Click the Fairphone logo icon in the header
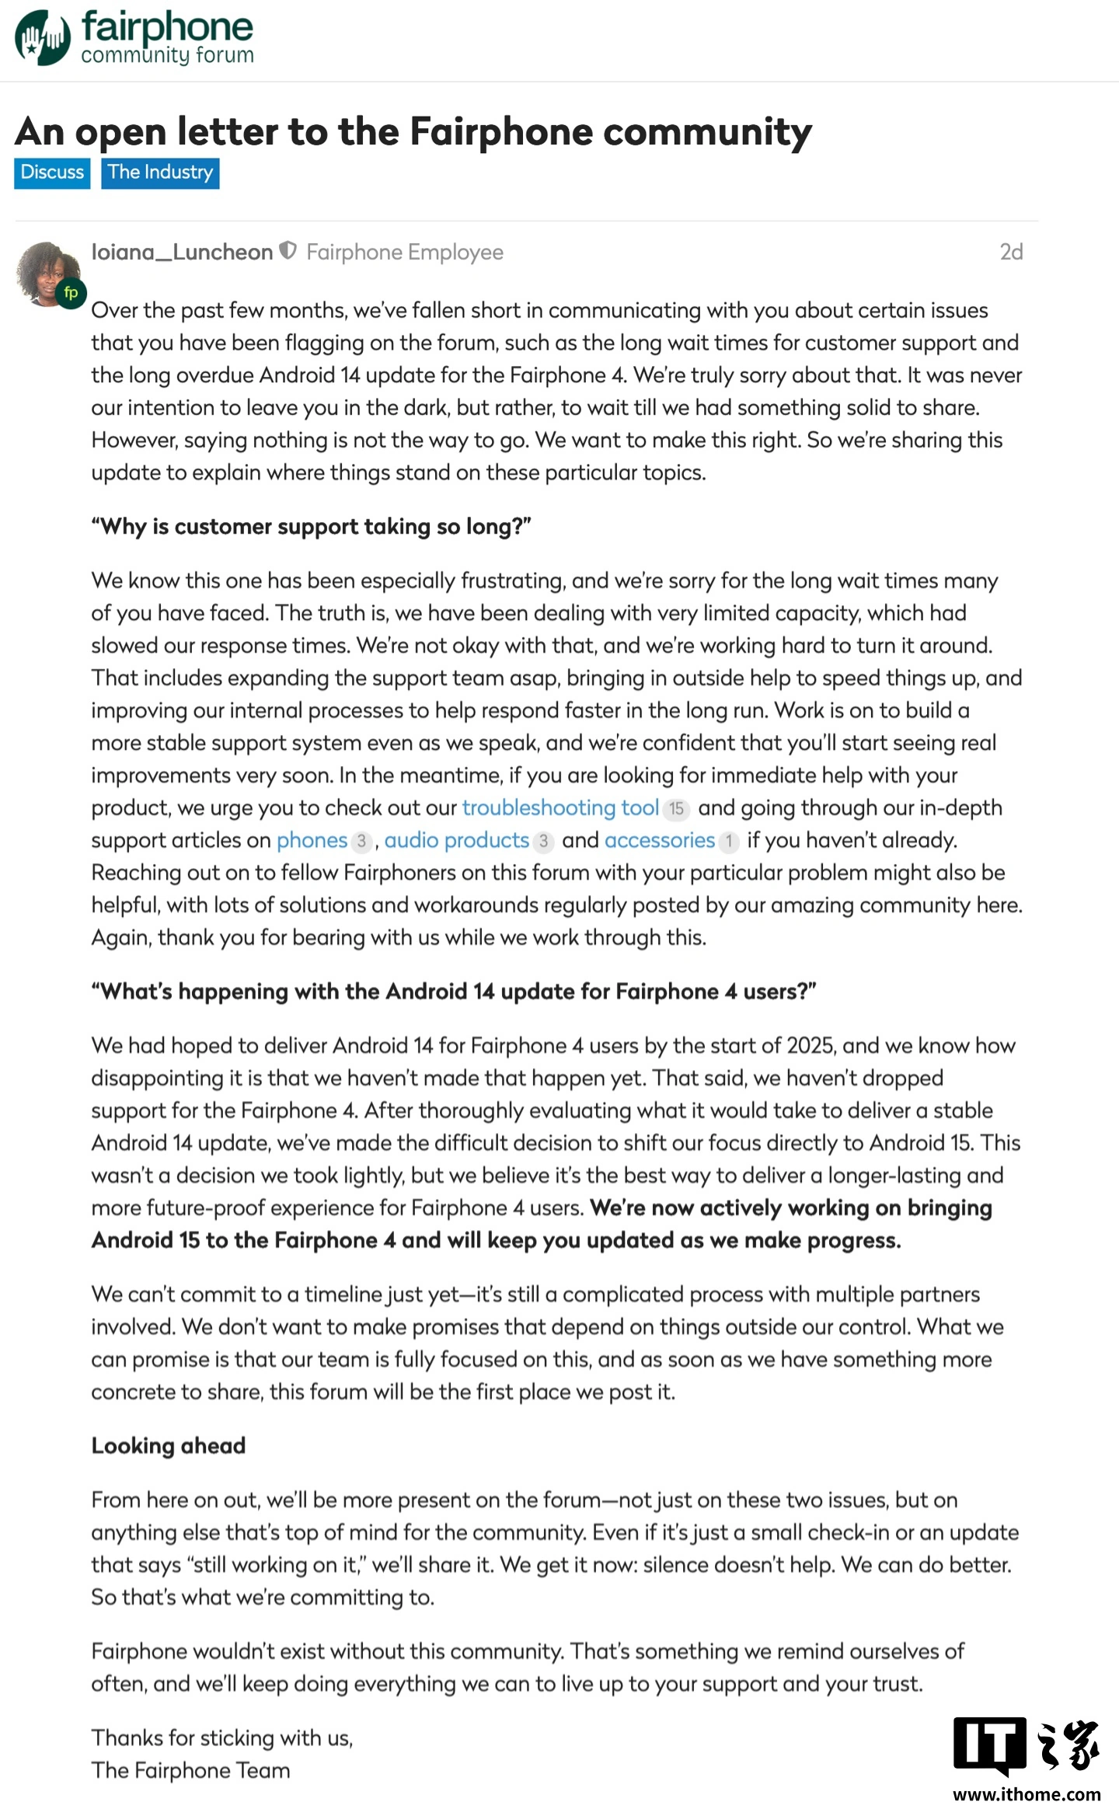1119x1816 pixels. coord(43,37)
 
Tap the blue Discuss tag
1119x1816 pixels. coord(52,173)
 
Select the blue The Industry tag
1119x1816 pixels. coord(160,173)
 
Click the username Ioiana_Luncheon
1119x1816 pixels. coord(182,252)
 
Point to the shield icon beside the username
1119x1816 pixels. coord(288,251)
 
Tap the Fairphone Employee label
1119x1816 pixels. coord(405,252)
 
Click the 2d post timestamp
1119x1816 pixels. coord(1010,252)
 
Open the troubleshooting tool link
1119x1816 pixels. coord(560,808)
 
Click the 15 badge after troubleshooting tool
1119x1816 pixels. coord(676,809)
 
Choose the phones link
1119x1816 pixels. coord(312,840)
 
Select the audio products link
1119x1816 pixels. coord(457,840)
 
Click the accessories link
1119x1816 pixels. coord(659,840)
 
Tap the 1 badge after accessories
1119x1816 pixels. coord(729,841)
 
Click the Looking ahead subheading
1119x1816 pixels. coord(169,1445)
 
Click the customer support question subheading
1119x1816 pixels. coord(311,526)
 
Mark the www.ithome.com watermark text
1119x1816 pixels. coord(1027,1794)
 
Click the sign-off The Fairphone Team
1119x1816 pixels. coord(190,1770)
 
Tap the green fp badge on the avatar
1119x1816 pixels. coord(71,293)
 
